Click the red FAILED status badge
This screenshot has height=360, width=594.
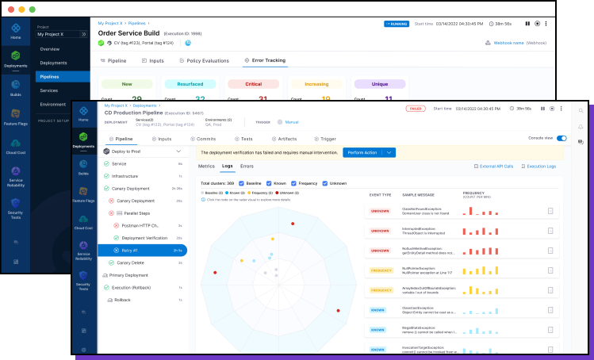coord(414,108)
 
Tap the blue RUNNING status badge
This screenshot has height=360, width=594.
coord(397,24)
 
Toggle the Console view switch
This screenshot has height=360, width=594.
coord(561,138)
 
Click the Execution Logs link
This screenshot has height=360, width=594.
coord(541,167)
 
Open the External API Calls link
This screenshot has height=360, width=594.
coord(496,167)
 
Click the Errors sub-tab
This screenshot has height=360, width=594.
coord(247,167)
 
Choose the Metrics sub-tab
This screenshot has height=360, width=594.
coord(206,167)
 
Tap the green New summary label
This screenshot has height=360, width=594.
coord(127,83)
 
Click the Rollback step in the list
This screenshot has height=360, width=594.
coord(122,300)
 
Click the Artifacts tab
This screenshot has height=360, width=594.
coord(287,139)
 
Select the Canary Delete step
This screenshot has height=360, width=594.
coord(130,262)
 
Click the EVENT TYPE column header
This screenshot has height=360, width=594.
coord(381,193)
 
